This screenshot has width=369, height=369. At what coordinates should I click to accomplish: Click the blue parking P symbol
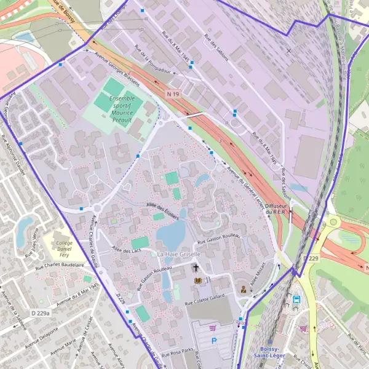click(214, 339)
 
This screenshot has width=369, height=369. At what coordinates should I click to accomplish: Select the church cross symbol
click(196, 268)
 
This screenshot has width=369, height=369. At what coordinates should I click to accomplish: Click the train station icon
click(296, 300)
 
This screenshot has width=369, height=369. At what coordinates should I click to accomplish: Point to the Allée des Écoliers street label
click(162, 209)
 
